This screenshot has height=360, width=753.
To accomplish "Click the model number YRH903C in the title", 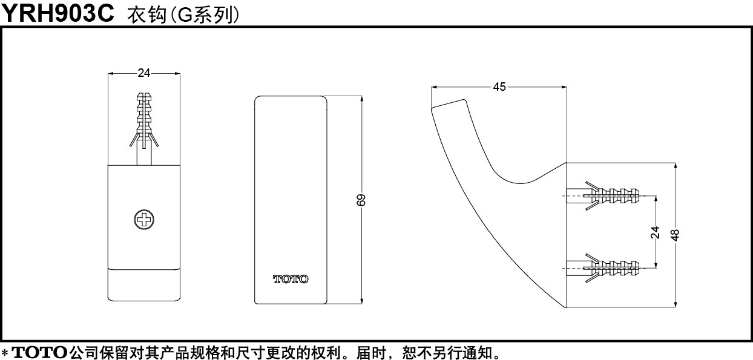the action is tap(58, 13).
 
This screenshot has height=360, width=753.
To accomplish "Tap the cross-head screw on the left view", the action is tap(144, 219).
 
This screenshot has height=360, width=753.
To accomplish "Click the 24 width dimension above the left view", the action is tap(144, 73).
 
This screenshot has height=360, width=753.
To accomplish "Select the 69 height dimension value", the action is tap(361, 200).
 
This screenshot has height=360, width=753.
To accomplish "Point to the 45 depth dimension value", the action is tap(499, 87).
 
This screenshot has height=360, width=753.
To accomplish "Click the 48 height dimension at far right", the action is tap(676, 234).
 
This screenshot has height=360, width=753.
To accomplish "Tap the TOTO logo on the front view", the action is tap(290, 279).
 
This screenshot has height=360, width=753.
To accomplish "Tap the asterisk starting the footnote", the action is tap(5, 352).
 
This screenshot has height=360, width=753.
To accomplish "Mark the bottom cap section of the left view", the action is tap(144, 284).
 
